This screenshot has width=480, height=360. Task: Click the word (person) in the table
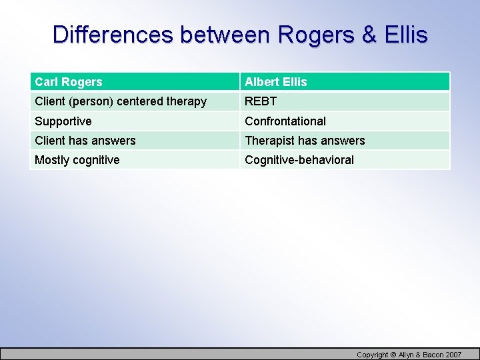91,101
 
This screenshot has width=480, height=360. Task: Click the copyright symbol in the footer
393,355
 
